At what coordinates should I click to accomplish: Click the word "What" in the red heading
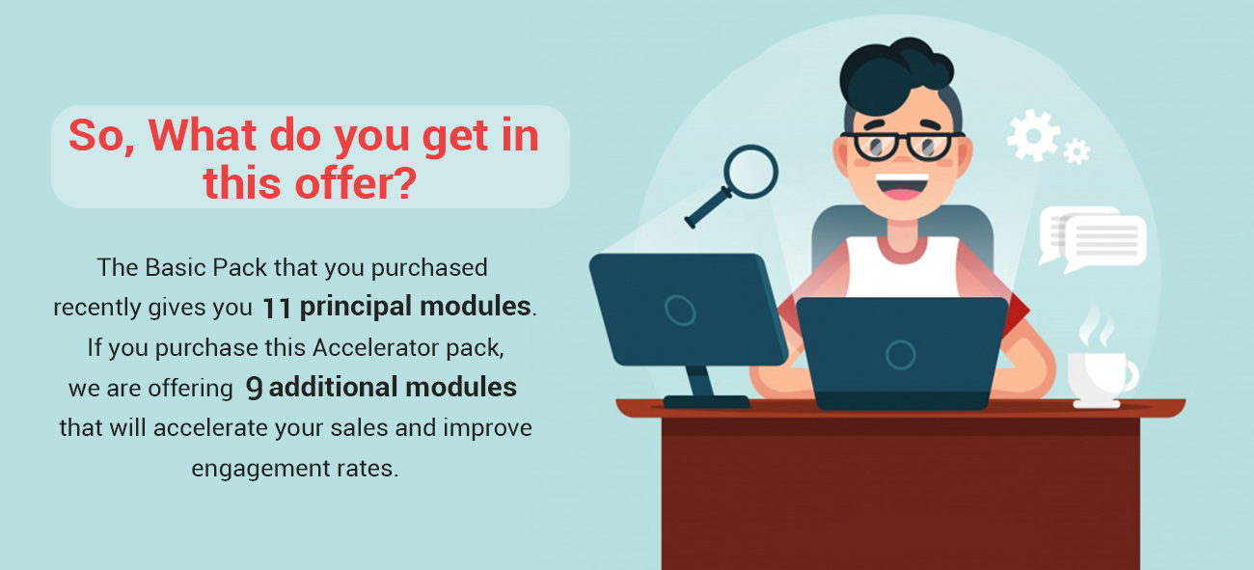(x=203, y=135)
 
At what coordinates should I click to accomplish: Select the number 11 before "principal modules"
(x=277, y=308)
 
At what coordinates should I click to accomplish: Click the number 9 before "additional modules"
(x=254, y=388)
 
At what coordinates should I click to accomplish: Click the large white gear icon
(x=1033, y=135)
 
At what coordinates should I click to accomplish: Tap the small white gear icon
(x=1077, y=151)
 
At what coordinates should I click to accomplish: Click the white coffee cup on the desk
(x=1100, y=379)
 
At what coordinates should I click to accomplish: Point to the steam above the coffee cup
(x=1096, y=325)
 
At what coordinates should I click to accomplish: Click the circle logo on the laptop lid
(x=901, y=354)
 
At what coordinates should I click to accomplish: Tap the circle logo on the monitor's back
(x=680, y=311)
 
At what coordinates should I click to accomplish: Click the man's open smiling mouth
(x=901, y=187)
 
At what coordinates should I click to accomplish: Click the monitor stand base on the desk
(x=706, y=401)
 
